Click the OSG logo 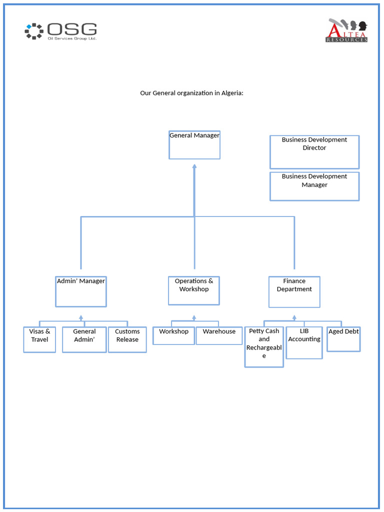pos(60,31)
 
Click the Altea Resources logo pos(347,30)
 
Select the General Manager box pos(194,145)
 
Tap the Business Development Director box pos(314,151)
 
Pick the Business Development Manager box pos(314,186)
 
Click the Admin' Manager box pos(81,291)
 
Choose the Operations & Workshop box pos(194,290)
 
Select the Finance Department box pos(294,291)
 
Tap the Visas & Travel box pos(39,339)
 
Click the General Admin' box pos(84,339)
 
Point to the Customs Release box pos(127,339)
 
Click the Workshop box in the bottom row pos(173,335)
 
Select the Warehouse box pos(219,335)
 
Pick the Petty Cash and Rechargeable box pos(264,347)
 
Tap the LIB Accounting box pos(304,342)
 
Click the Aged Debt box pos(343,339)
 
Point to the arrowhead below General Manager pos(194,166)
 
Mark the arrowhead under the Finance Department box pos(294,317)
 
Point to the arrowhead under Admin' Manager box pos(81,317)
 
